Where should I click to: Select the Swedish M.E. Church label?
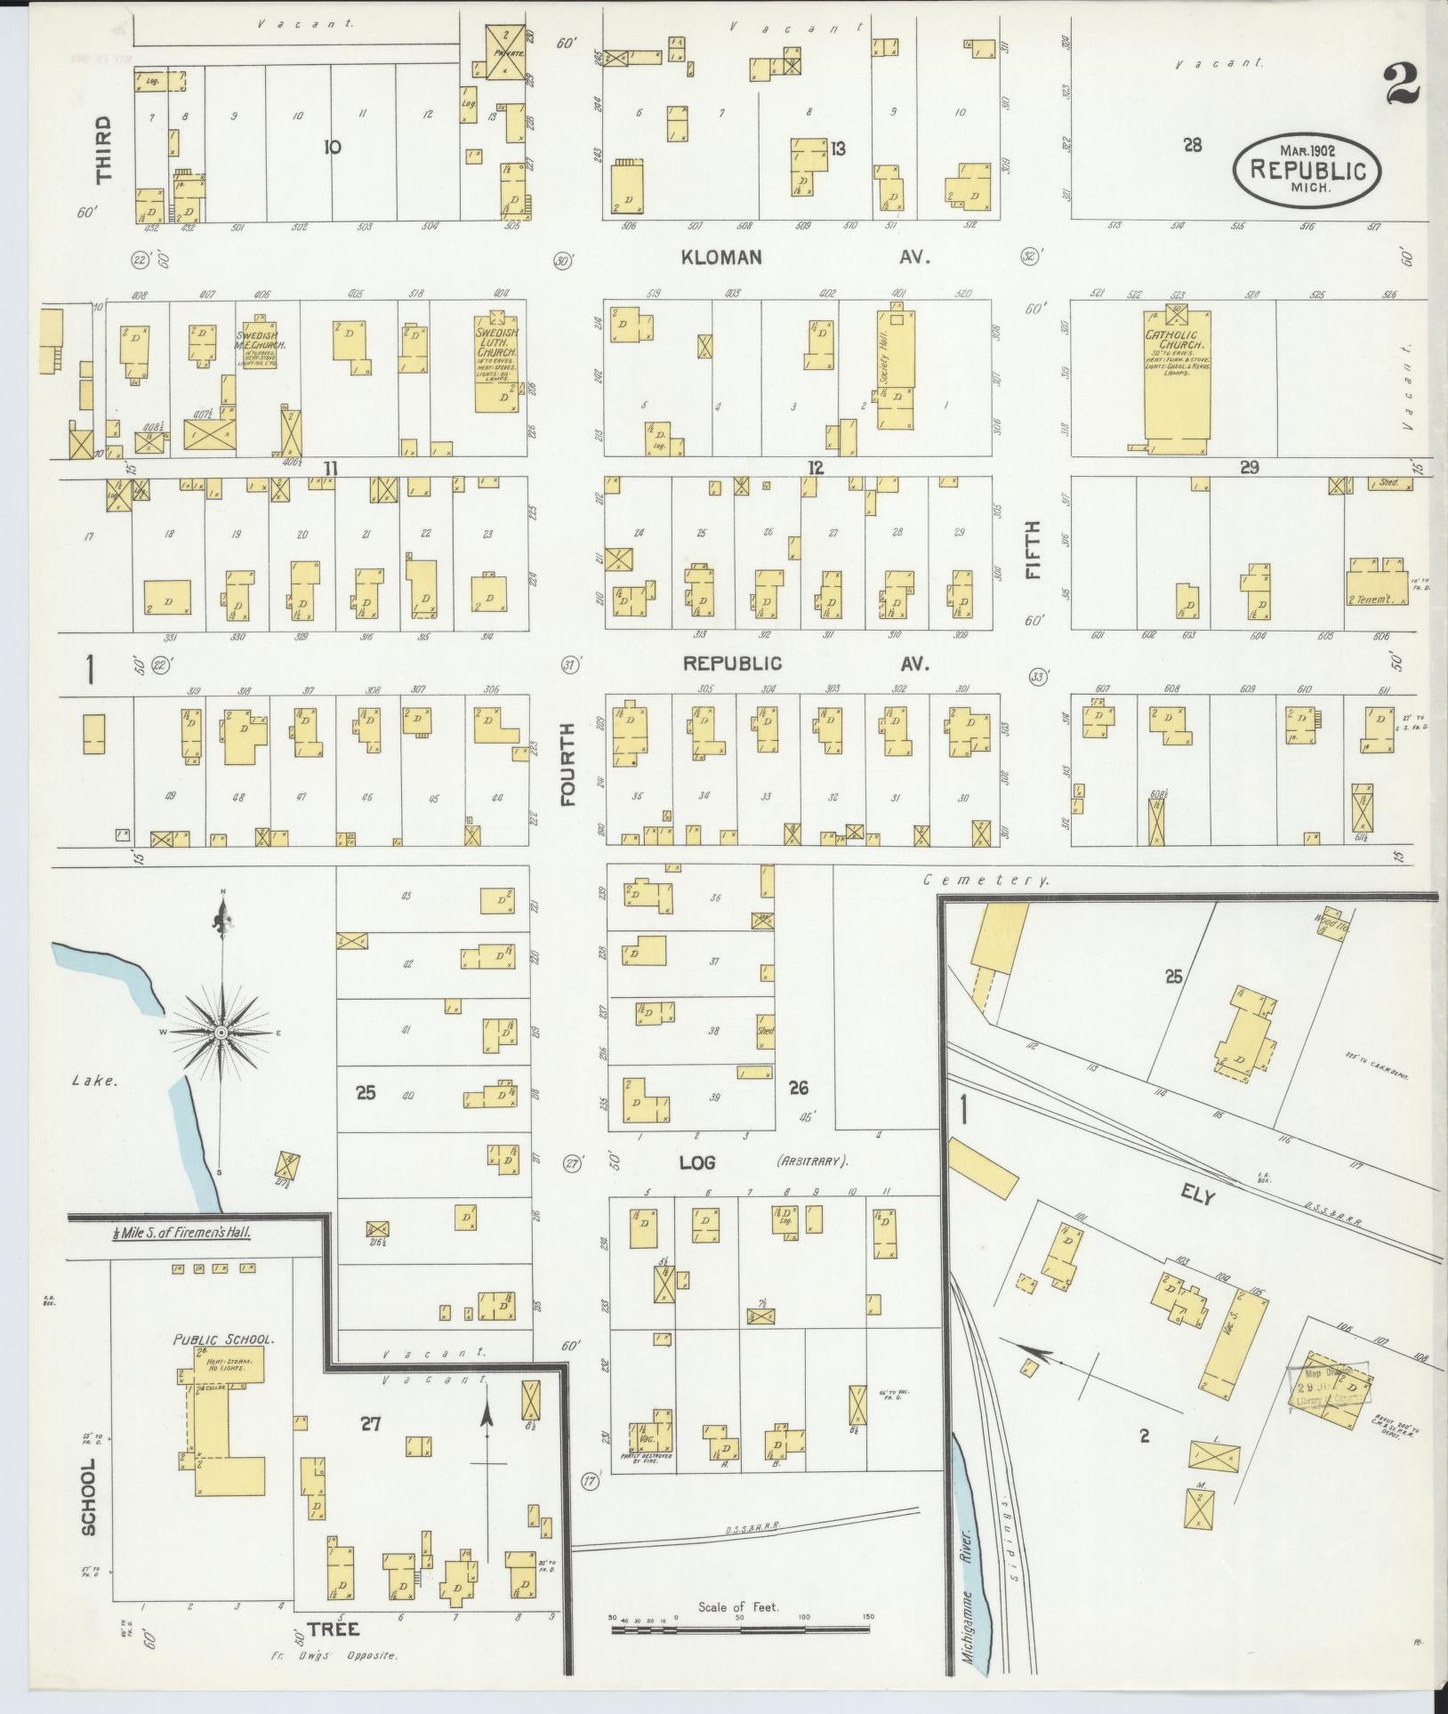point(258,342)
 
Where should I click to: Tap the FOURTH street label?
point(568,765)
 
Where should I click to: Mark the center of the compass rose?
point(221,1032)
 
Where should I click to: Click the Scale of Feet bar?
point(738,1629)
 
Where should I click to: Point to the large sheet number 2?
point(1401,87)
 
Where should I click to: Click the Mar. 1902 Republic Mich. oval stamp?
point(1307,168)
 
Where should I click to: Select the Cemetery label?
point(985,880)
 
